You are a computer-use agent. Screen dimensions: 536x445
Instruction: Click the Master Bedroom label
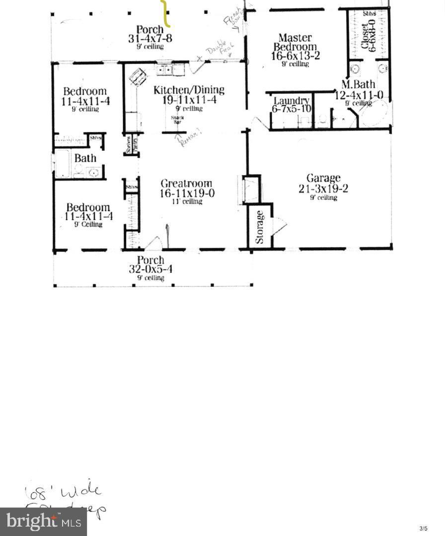coord(295,42)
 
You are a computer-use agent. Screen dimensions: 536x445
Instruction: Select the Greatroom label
coord(186,183)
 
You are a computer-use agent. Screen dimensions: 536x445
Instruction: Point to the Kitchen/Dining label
coord(189,90)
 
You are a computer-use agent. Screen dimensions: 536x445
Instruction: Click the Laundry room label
coord(292,101)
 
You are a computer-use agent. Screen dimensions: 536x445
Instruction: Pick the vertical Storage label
coord(260,227)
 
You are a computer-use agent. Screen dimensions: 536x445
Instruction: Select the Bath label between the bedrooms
coord(85,158)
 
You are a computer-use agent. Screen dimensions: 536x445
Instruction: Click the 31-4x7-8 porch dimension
coord(150,38)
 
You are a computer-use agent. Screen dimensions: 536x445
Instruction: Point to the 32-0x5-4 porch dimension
coord(150,269)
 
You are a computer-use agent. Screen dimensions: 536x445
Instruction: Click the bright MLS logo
coord(43,522)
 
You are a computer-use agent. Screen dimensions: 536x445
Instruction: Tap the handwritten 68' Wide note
coord(63,493)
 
